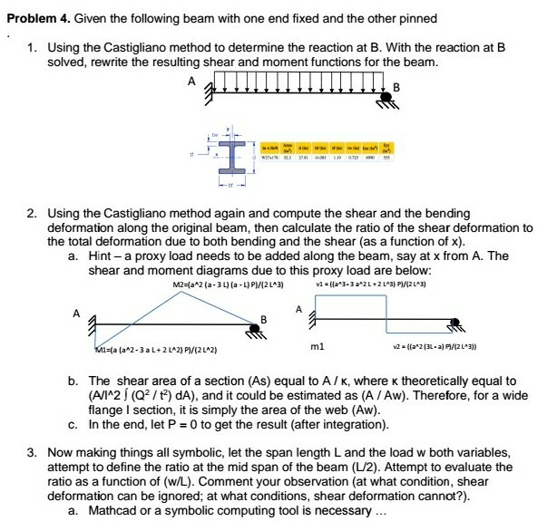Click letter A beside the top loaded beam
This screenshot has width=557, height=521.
point(191,80)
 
